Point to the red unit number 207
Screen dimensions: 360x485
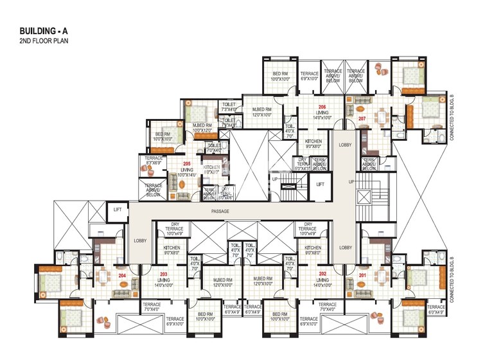pyautogui.click(x=362, y=119)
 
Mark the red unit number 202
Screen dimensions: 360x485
pyautogui.click(x=322, y=274)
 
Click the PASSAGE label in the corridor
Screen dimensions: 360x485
pyautogui.click(x=220, y=211)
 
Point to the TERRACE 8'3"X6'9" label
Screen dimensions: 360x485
pyautogui.click(x=154, y=161)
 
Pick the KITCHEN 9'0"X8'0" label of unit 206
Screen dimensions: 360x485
pyautogui.click(x=313, y=143)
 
